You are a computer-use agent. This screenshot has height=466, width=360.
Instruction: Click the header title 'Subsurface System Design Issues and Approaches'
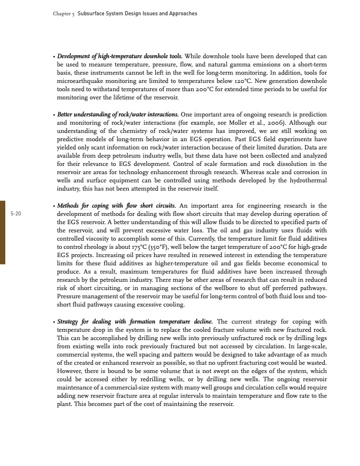tap(137, 13)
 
